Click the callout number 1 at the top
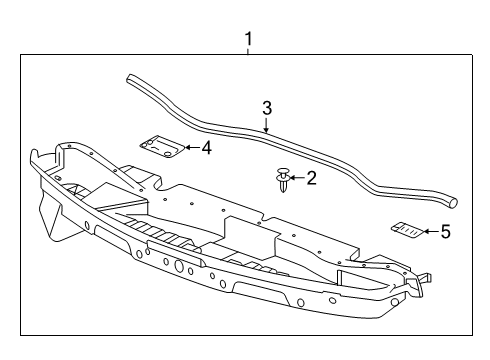[x=249, y=39]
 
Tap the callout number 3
[x=267, y=107]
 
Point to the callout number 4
[x=205, y=148]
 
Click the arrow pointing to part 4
[x=191, y=148]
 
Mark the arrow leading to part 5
[x=431, y=231]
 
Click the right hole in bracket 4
[x=167, y=152]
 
